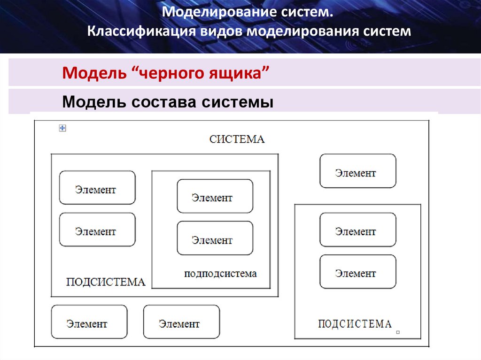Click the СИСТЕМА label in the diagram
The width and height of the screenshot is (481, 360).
tap(237, 139)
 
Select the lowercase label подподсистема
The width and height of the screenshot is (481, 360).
tap(220, 274)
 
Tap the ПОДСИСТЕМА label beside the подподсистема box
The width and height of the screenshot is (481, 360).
tap(106, 282)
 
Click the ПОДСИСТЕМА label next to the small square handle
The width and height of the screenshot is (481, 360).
tap(355, 324)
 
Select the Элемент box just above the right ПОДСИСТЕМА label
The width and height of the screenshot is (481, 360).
tap(357, 272)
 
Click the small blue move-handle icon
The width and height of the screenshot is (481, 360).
tap(62, 128)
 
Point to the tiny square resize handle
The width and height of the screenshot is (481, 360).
tap(398, 332)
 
